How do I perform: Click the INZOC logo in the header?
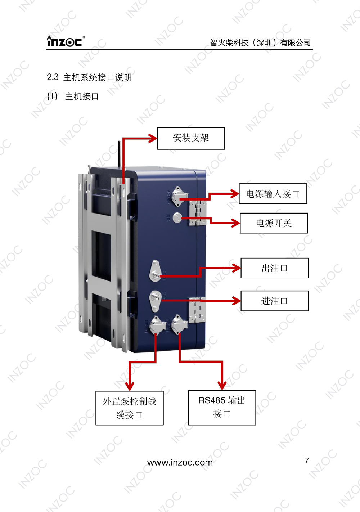pyautogui.click(x=65, y=41)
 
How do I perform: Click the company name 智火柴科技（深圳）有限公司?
pyautogui.click(x=260, y=43)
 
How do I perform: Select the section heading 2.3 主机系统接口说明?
pyautogui.click(x=89, y=77)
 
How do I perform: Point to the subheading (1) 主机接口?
pyautogui.click(x=73, y=96)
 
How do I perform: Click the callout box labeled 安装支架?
pyautogui.click(x=191, y=138)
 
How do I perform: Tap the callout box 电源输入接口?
pyautogui.click(x=273, y=194)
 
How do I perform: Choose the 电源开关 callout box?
pyautogui.click(x=274, y=223)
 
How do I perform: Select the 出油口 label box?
pyautogui.click(x=275, y=268)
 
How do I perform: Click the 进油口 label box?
pyautogui.click(x=275, y=301)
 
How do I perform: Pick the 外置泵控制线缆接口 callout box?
pyautogui.click(x=130, y=408)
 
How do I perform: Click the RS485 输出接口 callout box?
pyautogui.click(x=222, y=407)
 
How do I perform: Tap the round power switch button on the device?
pyautogui.click(x=177, y=218)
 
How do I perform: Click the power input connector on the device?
pyautogui.click(x=177, y=196)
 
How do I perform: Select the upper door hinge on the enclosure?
pyautogui.click(x=198, y=213)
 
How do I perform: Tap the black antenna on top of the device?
pyautogui.click(x=119, y=154)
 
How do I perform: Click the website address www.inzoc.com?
pyautogui.click(x=180, y=462)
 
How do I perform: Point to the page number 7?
pyautogui.click(x=307, y=461)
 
